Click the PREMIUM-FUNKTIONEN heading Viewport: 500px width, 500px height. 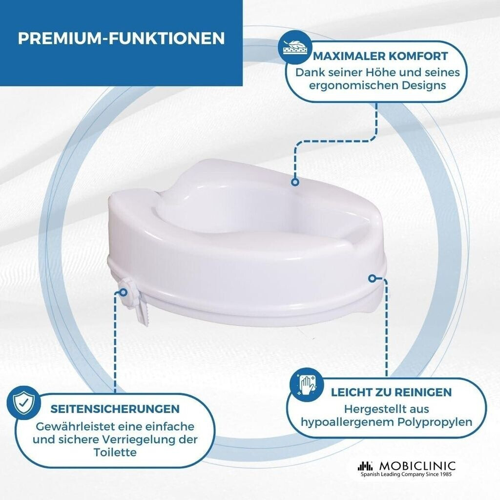121,38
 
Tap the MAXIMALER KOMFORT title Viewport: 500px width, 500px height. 380,56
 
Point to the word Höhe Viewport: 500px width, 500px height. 375,72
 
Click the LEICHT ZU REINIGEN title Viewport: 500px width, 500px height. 391,392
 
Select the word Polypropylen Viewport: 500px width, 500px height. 435,422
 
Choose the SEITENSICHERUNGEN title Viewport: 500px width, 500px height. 115,409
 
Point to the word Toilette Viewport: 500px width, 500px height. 115,452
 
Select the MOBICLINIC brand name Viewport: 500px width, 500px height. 417,466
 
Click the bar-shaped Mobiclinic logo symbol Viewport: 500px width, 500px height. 365,466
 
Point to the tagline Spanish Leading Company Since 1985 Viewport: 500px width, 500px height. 406,475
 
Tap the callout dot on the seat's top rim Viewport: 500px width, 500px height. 295,182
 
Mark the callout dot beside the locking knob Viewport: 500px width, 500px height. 123,292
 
